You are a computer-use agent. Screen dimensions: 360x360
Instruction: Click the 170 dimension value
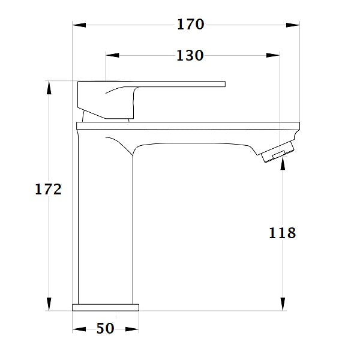190,25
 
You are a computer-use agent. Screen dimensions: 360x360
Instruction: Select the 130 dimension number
190,56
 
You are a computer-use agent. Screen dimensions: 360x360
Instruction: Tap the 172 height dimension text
48,190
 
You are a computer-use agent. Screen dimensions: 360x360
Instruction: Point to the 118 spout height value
282,233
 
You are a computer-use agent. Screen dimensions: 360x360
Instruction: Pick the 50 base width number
105,329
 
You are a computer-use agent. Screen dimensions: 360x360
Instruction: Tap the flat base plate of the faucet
106,307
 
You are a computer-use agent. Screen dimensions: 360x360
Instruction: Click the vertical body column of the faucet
106,228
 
